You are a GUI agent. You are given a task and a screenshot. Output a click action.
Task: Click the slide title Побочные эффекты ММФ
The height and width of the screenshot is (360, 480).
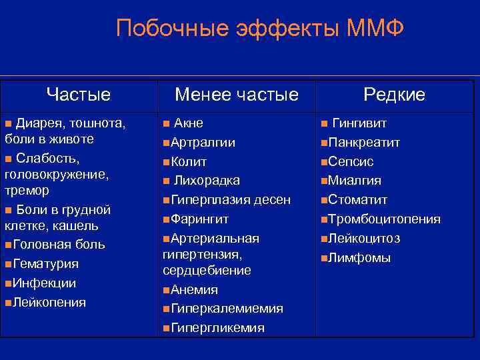[x=260, y=29]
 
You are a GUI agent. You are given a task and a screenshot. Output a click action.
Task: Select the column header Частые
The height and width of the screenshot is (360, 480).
[x=79, y=94]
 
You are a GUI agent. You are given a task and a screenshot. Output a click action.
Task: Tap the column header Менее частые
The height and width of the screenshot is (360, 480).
[x=236, y=95]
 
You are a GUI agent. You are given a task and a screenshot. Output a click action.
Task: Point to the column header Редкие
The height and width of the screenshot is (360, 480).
[x=394, y=95]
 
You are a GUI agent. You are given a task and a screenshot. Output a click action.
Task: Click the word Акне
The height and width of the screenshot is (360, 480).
[x=188, y=123]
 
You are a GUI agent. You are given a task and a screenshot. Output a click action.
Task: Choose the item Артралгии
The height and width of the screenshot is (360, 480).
[x=203, y=142]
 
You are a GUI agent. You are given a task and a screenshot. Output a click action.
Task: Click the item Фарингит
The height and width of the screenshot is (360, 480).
[x=200, y=219]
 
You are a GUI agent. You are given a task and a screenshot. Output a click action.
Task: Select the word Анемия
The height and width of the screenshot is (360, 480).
[x=194, y=290]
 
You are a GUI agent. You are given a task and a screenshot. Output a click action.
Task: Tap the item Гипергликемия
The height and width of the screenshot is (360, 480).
[x=217, y=328]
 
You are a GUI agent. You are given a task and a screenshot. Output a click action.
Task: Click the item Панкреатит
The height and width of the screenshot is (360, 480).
[x=364, y=142]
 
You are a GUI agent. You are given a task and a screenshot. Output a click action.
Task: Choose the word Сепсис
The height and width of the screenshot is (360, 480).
[x=351, y=161]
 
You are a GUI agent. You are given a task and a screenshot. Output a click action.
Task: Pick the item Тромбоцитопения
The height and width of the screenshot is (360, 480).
[x=384, y=219]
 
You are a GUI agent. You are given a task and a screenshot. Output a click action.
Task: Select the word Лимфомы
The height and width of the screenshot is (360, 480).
[x=359, y=257]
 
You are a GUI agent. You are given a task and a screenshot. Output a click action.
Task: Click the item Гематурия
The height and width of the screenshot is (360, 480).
[x=45, y=264]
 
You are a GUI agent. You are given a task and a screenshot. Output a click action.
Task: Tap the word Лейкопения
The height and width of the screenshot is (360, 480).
[x=49, y=303]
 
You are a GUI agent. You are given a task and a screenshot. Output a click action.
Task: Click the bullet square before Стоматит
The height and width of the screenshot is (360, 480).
[x=323, y=200]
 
